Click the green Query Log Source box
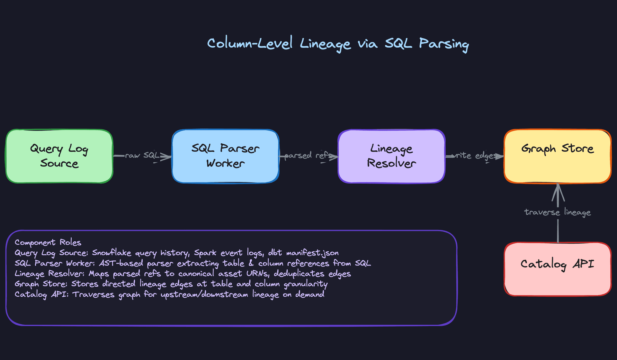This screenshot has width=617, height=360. coord(59,156)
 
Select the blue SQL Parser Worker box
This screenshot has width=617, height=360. coord(225,156)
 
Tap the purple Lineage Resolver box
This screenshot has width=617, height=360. coord(391,156)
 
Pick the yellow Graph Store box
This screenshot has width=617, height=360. coord(558,156)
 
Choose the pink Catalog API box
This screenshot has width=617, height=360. coord(558,269)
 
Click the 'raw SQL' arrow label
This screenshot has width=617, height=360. coord(142,156)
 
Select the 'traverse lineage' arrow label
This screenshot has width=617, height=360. coord(558,212)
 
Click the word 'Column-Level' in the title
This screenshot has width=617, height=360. coord(250,43)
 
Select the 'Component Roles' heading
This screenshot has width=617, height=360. coord(48,242)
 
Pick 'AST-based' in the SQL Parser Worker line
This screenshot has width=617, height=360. coord(121,263)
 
